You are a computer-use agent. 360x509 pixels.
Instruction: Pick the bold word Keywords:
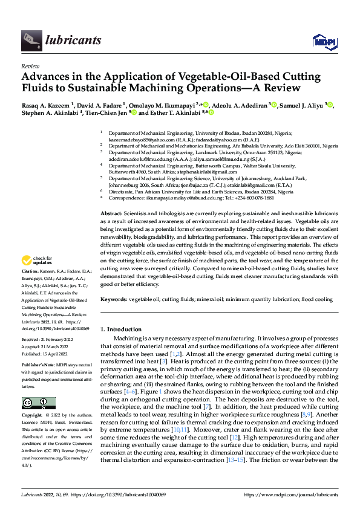pyautogui.click(x=113, y=299)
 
